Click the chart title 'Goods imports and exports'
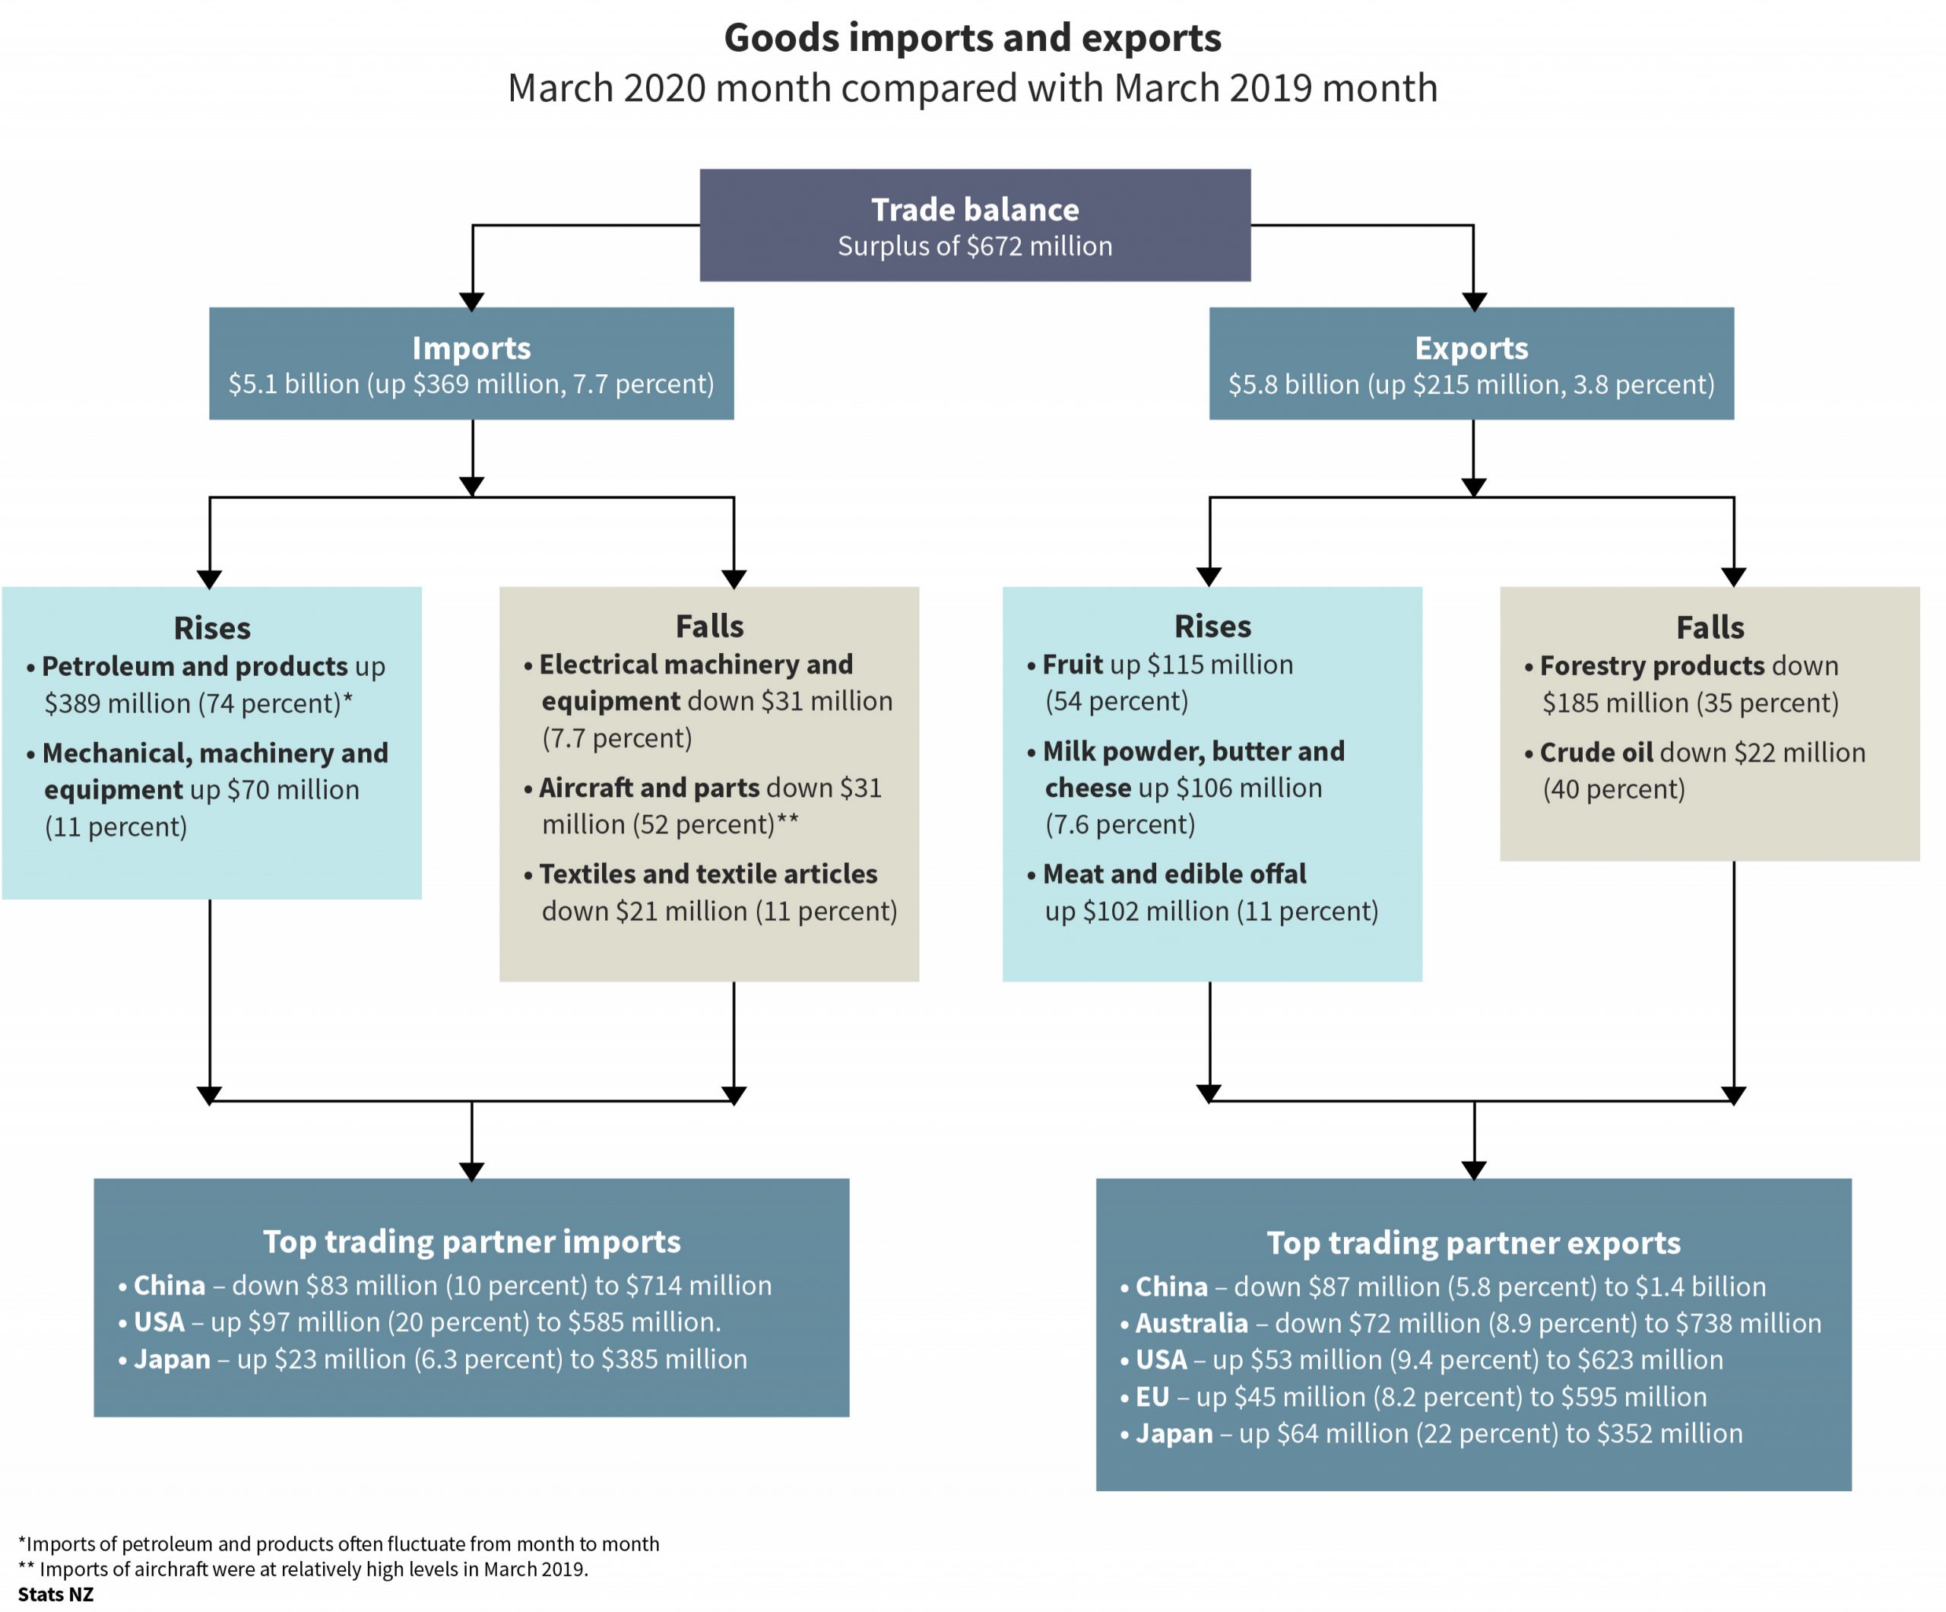click(972, 39)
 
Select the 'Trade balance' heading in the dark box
click(975, 210)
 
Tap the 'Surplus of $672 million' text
click(975, 246)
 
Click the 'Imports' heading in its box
click(471, 347)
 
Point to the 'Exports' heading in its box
click(1471, 347)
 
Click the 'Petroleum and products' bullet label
click(195, 667)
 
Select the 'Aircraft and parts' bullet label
click(648, 788)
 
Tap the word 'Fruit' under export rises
click(1072, 665)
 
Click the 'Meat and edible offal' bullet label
click(1174, 874)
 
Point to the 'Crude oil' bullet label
click(1596, 753)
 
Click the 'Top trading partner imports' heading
click(471, 1241)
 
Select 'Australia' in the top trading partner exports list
click(1192, 1323)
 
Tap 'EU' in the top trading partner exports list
click(1152, 1397)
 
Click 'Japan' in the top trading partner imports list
click(172, 1360)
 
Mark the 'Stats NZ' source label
click(55, 1595)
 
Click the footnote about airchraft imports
click(303, 1569)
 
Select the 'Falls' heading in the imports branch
click(709, 627)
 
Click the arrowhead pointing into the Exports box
click(1473, 301)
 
